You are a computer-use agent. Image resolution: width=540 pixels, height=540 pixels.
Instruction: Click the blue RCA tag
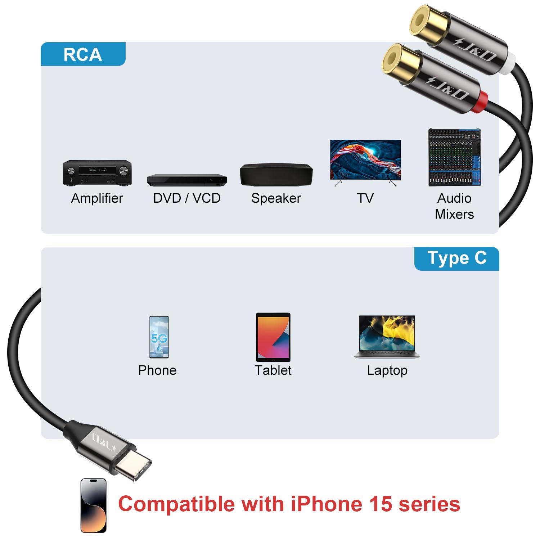(x=83, y=54)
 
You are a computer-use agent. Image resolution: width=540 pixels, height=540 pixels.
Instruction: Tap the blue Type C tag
(x=456, y=258)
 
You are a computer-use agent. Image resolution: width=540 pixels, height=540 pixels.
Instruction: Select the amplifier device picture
(x=97, y=173)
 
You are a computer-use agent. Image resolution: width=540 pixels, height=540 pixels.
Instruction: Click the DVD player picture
(x=187, y=180)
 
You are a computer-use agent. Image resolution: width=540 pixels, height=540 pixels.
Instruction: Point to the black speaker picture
(x=276, y=175)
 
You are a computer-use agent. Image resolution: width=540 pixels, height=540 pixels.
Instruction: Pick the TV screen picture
(x=365, y=160)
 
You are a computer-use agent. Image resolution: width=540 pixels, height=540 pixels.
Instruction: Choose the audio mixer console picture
(x=455, y=158)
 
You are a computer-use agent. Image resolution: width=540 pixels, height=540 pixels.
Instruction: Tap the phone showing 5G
(x=159, y=337)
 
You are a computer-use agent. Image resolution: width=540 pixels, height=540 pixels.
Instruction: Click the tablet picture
(x=273, y=337)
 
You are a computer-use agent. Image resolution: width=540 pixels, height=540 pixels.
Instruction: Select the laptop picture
(x=387, y=337)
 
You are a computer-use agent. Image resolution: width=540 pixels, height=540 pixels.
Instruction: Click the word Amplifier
(x=97, y=198)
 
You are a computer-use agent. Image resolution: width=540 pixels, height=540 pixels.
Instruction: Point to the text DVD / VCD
(x=187, y=198)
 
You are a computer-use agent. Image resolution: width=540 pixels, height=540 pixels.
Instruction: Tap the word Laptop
(x=387, y=370)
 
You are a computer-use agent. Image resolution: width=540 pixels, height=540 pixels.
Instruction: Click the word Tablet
(x=273, y=370)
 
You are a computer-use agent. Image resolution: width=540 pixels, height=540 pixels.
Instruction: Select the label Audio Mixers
(x=454, y=206)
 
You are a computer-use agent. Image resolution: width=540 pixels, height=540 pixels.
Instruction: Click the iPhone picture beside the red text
(x=94, y=505)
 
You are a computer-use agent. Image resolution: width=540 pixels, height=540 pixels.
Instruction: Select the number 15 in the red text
(x=381, y=504)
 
